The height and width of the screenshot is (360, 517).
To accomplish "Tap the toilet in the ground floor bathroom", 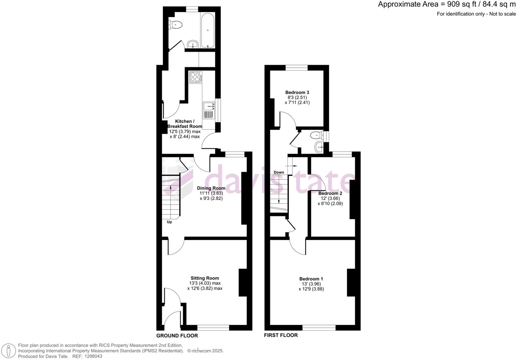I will point(176,24).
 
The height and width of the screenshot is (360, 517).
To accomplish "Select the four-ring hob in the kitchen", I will point(195,77).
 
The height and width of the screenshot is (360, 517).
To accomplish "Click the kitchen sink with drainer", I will point(209,110).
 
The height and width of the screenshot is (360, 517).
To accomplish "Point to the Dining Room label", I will point(211,188).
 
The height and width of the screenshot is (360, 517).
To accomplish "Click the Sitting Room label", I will point(205,278).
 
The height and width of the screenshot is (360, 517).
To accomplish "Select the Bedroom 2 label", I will point(330,193).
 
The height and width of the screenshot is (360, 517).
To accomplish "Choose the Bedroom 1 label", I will point(311,279).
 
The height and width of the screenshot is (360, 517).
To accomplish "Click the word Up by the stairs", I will point(169,222).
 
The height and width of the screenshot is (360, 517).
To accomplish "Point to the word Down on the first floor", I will point(279,172).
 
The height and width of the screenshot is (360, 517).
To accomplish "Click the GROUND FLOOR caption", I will point(177,336).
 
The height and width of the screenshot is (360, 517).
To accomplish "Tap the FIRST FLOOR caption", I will point(281,335).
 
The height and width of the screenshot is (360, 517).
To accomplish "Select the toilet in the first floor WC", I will point(316,135).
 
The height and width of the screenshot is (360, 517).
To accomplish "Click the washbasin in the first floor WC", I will point(319,146).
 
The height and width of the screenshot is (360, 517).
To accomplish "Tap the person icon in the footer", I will point(9,351).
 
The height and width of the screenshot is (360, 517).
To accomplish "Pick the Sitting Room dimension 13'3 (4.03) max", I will point(205,283).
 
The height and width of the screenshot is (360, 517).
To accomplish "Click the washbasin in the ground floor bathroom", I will point(193,45).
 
